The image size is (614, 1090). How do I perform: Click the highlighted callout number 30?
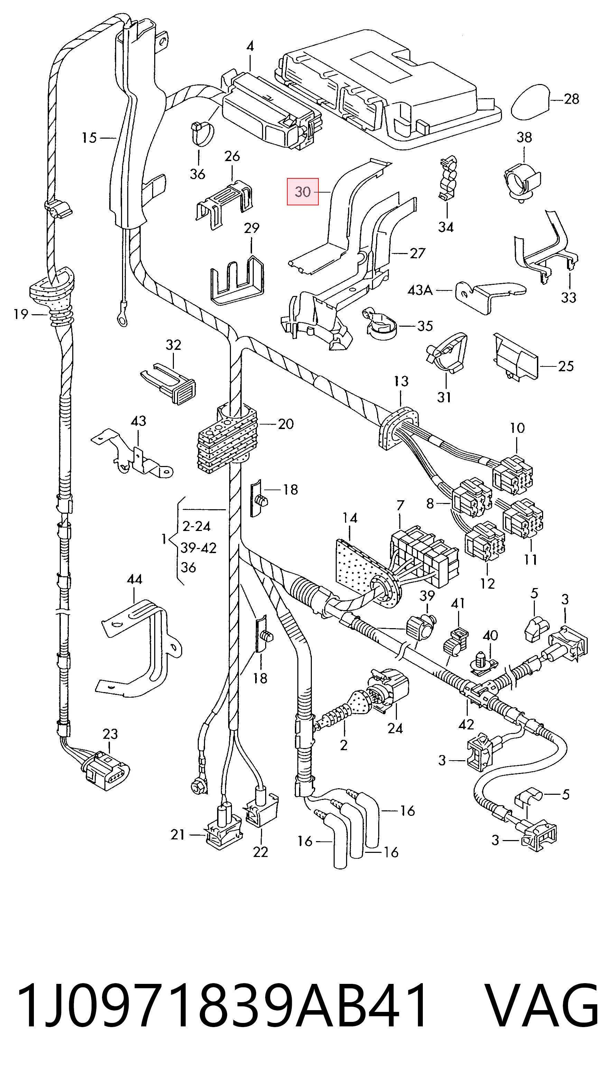pos(303,192)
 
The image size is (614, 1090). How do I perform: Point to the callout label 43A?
pos(420,290)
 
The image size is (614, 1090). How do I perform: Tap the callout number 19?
pos(21,314)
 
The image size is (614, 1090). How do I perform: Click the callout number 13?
pos(401,381)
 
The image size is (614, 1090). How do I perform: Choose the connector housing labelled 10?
pos(512,474)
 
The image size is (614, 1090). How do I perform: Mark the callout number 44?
pos(134,579)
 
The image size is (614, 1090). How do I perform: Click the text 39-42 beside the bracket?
pos(198,548)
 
